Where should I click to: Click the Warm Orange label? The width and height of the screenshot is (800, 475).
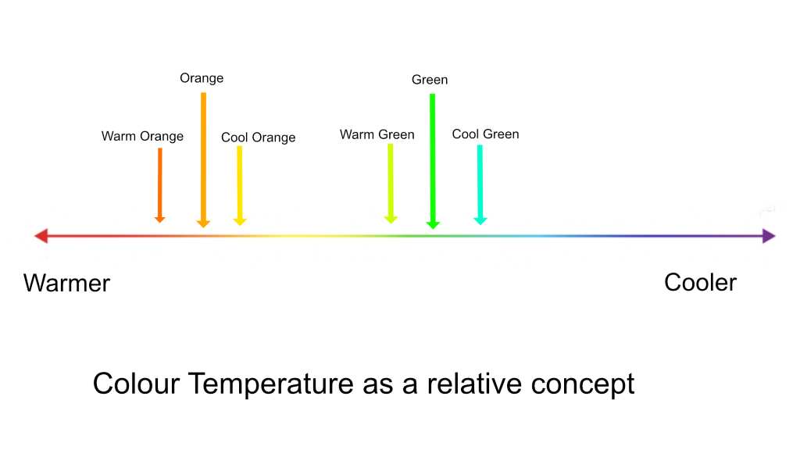[142, 137]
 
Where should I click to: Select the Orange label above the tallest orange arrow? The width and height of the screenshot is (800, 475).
[202, 78]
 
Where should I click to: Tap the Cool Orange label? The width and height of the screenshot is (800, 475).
[258, 137]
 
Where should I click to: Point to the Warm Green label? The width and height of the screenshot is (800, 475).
[377, 134]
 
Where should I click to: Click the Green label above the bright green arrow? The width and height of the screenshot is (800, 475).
[430, 80]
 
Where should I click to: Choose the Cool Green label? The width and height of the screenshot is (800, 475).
[485, 134]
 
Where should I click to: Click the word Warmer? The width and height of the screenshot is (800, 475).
[66, 283]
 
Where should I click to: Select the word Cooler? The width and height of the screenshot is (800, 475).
[700, 282]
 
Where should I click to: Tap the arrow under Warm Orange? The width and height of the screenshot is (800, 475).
[159, 184]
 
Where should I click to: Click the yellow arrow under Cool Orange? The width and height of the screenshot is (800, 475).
[239, 184]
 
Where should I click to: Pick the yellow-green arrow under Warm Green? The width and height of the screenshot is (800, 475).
[391, 183]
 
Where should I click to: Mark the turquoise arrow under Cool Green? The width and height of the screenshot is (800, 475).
[480, 184]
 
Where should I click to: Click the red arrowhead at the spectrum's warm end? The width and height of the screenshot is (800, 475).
[41, 236]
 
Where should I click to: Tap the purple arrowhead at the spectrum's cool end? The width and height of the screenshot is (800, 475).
[769, 236]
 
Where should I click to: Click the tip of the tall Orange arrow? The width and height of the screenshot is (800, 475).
[203, 226]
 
